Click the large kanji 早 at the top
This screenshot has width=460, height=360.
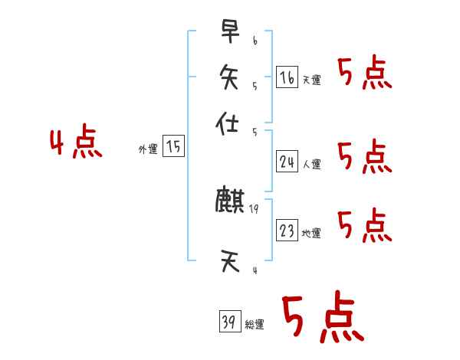(x=230, y=32)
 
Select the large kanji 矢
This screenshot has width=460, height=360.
(x=230, y=77)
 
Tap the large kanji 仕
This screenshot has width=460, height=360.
(x=230, y=124)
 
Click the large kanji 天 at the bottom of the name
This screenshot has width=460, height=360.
(x=230, y=263)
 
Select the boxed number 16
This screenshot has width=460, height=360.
(x=287, y=77)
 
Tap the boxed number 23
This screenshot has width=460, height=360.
(x=287, y=231)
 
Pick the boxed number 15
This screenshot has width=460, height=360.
(x=174, y=147)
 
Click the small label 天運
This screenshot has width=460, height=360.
(x=311, y=80)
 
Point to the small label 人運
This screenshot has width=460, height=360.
(x=311, y=164)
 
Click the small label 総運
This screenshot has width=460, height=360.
(x=255, y=325)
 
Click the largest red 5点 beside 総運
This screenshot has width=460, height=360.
(x=322, y=318)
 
